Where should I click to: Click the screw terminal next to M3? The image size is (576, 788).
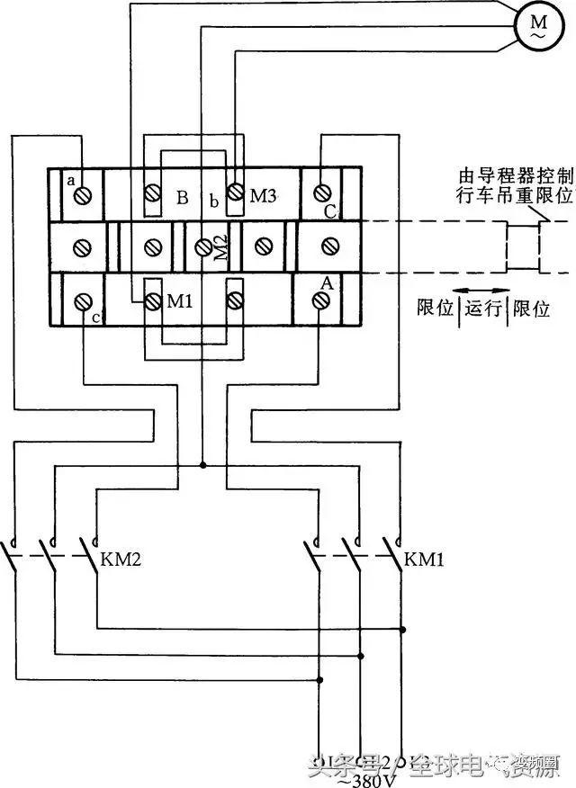[236, 193]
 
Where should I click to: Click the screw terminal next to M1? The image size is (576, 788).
[151, 300]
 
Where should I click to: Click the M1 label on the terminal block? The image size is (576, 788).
[181, 300]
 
